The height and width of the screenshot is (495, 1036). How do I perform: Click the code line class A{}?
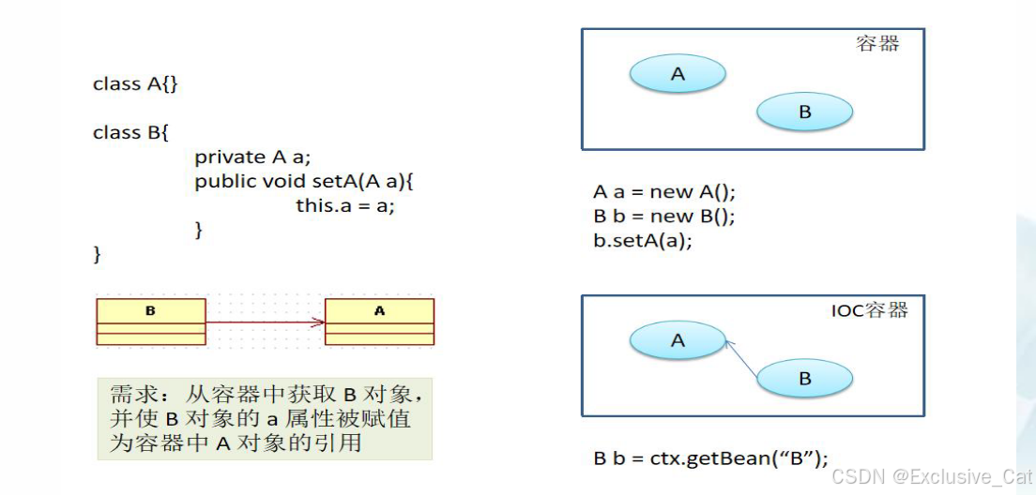(x=135, y=84)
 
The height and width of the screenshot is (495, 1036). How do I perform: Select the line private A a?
(x=251, y=157)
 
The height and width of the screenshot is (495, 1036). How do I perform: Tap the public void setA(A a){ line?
(x=304, y=182)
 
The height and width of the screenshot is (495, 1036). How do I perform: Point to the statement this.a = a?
(x=345, y=205)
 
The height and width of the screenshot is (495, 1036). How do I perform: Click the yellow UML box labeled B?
(x=150, y=321)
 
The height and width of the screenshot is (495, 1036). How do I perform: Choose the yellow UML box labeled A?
(x=379, y=321)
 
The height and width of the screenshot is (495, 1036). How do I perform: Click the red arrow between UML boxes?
(x=265, y=322)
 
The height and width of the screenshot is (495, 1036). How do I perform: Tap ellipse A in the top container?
(x=678, y=74)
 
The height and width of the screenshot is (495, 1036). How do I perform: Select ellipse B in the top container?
(x=804, y=112)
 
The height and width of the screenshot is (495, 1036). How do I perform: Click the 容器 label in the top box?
(x=877, y=44)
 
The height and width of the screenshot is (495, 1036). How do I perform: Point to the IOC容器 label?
(x=870, y=310)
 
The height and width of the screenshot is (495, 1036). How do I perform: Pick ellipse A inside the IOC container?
(x=678, y=341)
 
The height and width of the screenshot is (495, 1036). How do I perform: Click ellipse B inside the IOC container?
(x=804, y=379)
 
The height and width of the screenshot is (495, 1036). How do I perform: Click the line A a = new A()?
(x=664, y=192)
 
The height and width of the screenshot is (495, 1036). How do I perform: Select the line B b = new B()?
(x=664, y=217)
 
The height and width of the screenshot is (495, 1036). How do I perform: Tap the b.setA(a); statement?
(x=643, y=241)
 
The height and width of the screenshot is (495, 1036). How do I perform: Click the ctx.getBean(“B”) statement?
(x=711, y=458)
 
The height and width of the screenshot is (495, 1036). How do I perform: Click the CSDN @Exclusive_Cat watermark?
(x=931, y=477)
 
